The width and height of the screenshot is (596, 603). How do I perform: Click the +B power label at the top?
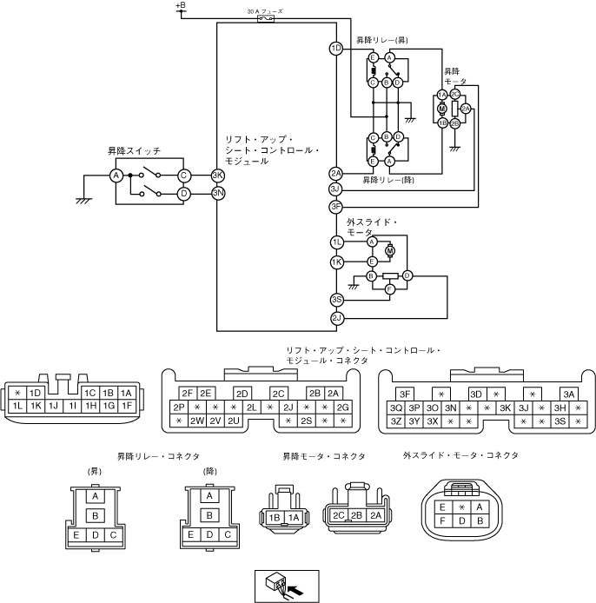(x=180, y=5)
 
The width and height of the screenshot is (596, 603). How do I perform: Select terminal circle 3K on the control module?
(x=218, y=175)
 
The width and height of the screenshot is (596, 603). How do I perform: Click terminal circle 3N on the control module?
(x=218, y=193)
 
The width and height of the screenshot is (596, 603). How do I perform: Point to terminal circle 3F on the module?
(x=335, y=207)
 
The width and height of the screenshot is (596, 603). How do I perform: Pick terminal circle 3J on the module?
(x=335, y=189)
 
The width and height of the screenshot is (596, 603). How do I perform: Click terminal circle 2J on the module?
(x=336, y=318)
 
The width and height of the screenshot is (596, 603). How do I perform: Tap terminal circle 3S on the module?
(x=336, y=301)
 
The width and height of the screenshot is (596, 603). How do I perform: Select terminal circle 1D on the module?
(x=335, y=49)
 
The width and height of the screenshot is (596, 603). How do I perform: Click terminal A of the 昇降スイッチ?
(x=115, y=176)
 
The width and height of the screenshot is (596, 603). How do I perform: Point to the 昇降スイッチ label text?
(x=128, y=150)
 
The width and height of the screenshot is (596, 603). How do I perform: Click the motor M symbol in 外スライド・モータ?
(x=390, y=251)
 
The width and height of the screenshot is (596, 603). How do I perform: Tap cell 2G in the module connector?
(x=343, y=408)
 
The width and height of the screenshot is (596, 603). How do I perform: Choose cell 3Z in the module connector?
(x=396, y=421)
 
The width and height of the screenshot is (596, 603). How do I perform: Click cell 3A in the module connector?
(x=568, y=393)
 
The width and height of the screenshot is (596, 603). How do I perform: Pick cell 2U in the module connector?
(x=233, y=421)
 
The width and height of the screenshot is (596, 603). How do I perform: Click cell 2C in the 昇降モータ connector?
(x=337, y=514)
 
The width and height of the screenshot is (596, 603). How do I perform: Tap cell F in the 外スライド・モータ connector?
(x=443, y=521)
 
